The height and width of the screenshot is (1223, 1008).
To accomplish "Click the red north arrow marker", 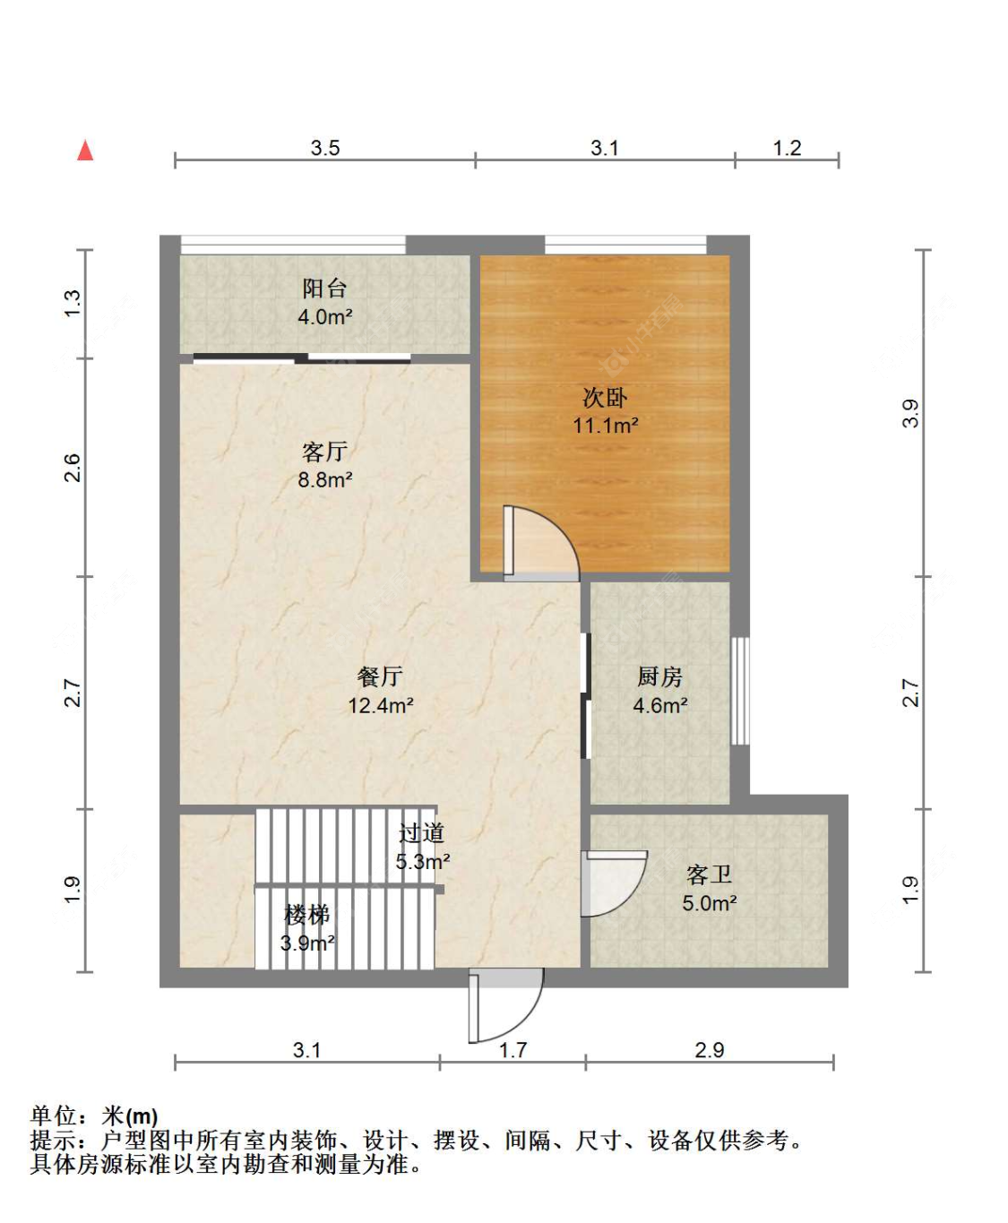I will [85, 151].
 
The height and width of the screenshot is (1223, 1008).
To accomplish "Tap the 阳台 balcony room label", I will [324, 289].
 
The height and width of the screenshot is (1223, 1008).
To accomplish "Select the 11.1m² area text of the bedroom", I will [606, 426].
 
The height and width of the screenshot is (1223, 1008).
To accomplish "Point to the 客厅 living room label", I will [324, 452].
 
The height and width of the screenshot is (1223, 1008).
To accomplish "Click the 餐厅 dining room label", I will [380, 677].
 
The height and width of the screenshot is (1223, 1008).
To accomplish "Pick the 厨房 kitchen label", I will [660, 677].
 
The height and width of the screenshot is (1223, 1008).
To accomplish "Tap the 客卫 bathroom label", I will [709, 874].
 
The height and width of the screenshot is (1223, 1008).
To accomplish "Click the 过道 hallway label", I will [422, 833].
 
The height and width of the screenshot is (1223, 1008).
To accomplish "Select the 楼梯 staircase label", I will [306, 915].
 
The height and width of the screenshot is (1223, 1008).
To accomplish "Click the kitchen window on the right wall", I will [740, 691].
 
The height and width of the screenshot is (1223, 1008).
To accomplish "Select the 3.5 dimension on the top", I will [325, 148].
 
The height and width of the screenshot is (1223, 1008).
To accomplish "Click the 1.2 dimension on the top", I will [787, 148].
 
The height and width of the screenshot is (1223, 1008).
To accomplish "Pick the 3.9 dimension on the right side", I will [910, 413].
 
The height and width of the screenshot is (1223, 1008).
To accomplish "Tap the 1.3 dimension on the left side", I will [73, 303].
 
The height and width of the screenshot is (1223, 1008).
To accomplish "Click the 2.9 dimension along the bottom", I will [709, 1050].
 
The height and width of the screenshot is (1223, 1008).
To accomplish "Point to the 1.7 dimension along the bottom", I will [513, 1050].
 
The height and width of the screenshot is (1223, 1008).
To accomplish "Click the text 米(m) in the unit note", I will [130, 1116].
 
